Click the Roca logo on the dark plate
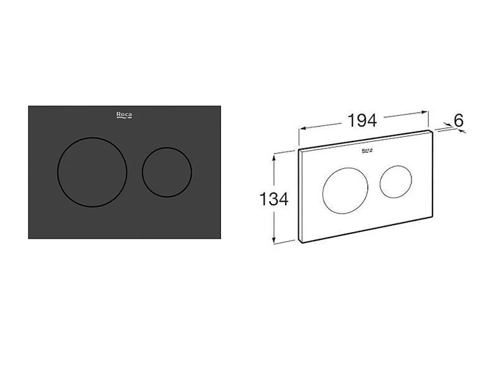coord(124,115)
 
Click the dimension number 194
coord(362,120)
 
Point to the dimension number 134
coord(274,199)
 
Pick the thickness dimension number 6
coord(459,120)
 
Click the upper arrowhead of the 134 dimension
coord(274,157)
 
